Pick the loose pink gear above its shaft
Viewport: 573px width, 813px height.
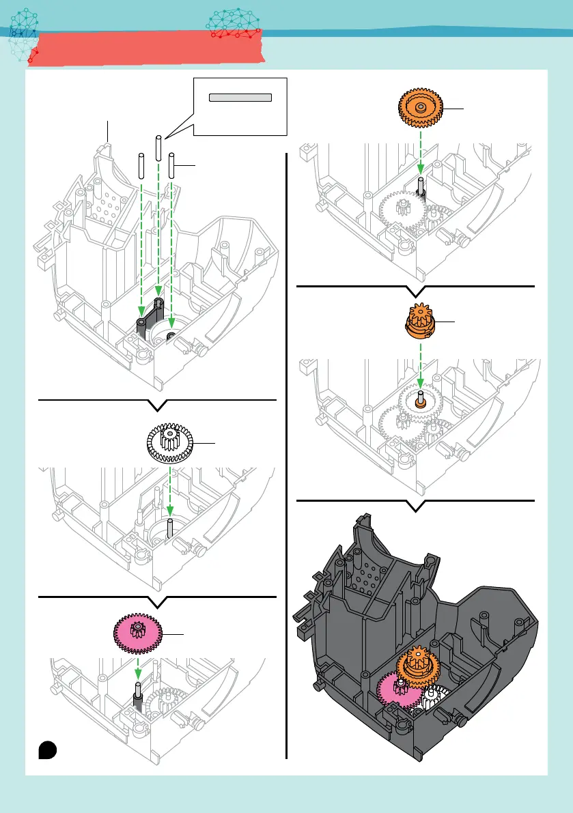140,631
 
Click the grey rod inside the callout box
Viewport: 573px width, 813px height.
240,98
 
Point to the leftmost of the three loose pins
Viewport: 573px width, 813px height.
141,165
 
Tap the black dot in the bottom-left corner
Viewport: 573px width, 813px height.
47,749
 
